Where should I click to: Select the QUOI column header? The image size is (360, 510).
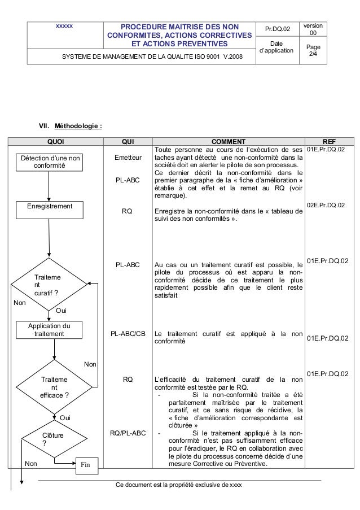(x=55, y=141)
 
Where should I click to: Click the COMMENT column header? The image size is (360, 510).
(x=228, y=141)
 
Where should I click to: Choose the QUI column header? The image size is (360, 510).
(x=128, y=141)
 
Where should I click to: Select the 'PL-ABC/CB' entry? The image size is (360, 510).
(x=128, y=334)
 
